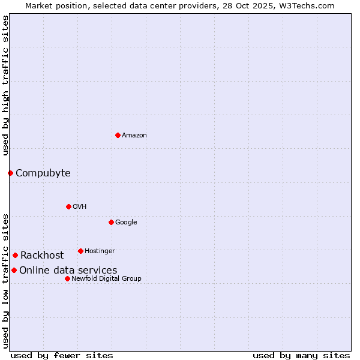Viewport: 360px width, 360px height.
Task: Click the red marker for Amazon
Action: point(118,135)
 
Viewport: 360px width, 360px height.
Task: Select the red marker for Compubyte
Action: point(10,173)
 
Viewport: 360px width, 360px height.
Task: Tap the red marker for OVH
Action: point(68,206)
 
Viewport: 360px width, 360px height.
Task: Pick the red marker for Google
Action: point(111,222)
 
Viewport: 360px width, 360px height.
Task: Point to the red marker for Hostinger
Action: point(80,251)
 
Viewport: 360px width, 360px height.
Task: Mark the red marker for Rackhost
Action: point(15,255)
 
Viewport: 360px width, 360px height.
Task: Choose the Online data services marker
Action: point(14,270)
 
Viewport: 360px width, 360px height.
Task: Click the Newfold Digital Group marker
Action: point(67,278)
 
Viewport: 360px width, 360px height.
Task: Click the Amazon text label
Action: point(134,136)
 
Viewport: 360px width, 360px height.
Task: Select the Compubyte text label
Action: point(43,173)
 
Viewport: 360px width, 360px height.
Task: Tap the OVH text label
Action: point(80,207)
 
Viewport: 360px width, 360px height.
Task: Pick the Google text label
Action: point(126,223)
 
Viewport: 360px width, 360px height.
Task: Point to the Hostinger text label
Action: point(100,251)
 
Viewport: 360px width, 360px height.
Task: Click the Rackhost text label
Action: point(42,256)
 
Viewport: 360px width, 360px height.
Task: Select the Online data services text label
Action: point(68,271)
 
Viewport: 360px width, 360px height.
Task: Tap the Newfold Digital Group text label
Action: point(106,278)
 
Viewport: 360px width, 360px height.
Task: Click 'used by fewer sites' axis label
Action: point(62,355)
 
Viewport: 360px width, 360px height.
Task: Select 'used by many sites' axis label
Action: point(301,355)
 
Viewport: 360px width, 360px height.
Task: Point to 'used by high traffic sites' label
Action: point(5,86)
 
